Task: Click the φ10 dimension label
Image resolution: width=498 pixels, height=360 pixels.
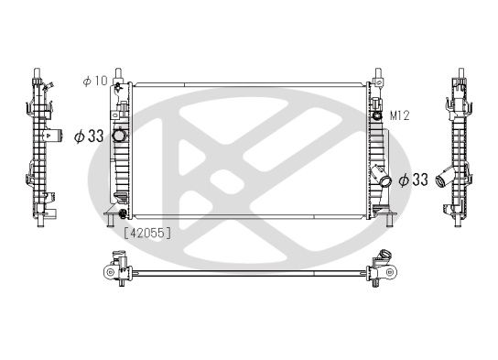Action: click(x=94, y=82)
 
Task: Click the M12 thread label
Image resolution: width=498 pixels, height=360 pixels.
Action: click(x=398, y=116)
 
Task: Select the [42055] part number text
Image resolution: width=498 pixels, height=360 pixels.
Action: click(x=147, y=233)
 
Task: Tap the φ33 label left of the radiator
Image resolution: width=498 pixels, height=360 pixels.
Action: click(x=88, y=136)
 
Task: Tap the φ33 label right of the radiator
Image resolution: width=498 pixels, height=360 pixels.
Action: click(x=415, y=179)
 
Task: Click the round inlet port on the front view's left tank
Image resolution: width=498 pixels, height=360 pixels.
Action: click(x=119, y=136)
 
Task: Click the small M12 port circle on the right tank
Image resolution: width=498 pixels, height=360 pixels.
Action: click(x=377, y=116)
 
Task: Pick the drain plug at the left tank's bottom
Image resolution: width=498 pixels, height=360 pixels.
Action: click(x=110, y=217)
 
